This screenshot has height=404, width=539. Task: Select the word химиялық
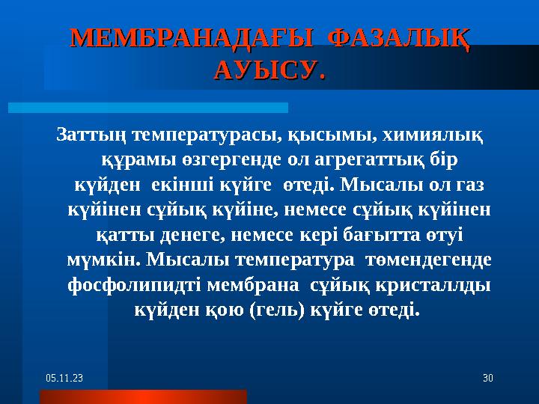click(x=432, y=135)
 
